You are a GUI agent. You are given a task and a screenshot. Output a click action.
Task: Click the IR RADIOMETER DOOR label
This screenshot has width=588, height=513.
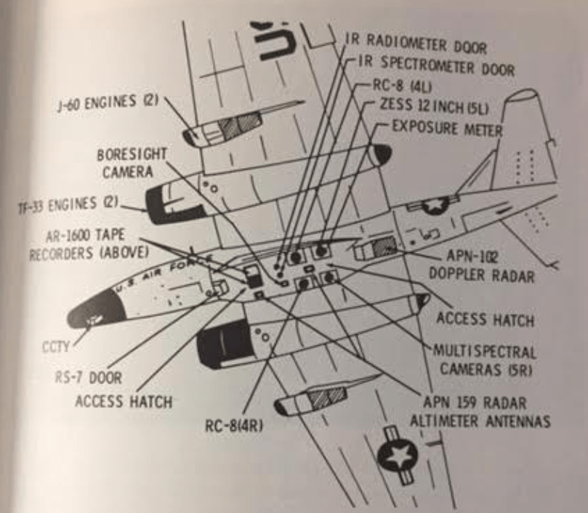[x=416, y=44]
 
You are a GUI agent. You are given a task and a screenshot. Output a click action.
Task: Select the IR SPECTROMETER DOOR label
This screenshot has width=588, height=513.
[x=437, y=66]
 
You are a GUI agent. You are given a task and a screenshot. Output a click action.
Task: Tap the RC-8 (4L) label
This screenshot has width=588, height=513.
[x=402, y=86]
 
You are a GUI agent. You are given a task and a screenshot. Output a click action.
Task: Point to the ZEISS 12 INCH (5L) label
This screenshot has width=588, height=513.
[x=434, y=106]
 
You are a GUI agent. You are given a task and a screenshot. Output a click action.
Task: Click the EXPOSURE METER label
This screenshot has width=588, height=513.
[x=447, y=129]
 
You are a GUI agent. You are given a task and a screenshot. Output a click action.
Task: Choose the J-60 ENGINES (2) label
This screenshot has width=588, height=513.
[x=108, y=102]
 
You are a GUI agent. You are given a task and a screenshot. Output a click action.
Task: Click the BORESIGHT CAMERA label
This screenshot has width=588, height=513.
[x=132, y=163]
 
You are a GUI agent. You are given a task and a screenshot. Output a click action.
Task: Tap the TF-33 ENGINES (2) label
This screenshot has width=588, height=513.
[x=68, y=205]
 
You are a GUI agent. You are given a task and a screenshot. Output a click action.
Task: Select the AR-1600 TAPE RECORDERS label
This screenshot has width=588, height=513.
[x=89, y=244]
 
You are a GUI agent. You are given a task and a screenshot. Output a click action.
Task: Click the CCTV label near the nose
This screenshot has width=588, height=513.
[x=56, y=347]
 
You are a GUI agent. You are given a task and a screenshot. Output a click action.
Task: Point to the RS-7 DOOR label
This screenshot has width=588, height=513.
[x=89, y=377]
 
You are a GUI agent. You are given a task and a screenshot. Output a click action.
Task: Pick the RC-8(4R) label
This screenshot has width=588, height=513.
[x=234, y=426]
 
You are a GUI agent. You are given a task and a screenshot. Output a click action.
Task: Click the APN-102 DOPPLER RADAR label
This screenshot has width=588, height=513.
[x=481, y=266]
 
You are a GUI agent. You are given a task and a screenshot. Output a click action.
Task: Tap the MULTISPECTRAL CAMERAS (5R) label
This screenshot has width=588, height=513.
[x=485, y=360]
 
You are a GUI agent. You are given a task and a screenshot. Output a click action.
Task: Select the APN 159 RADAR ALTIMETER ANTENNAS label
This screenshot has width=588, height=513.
[x=480, y=412]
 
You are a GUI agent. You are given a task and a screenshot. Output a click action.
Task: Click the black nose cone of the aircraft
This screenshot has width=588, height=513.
[x=96, y=312]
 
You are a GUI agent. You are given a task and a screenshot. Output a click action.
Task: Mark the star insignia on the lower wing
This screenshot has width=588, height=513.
[x=397, y=456]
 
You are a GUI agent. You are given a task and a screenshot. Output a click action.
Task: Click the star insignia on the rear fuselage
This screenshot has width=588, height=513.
[x=434, y=205]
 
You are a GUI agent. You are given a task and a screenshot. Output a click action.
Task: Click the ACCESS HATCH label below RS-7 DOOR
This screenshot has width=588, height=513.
[x=124, y=402]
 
